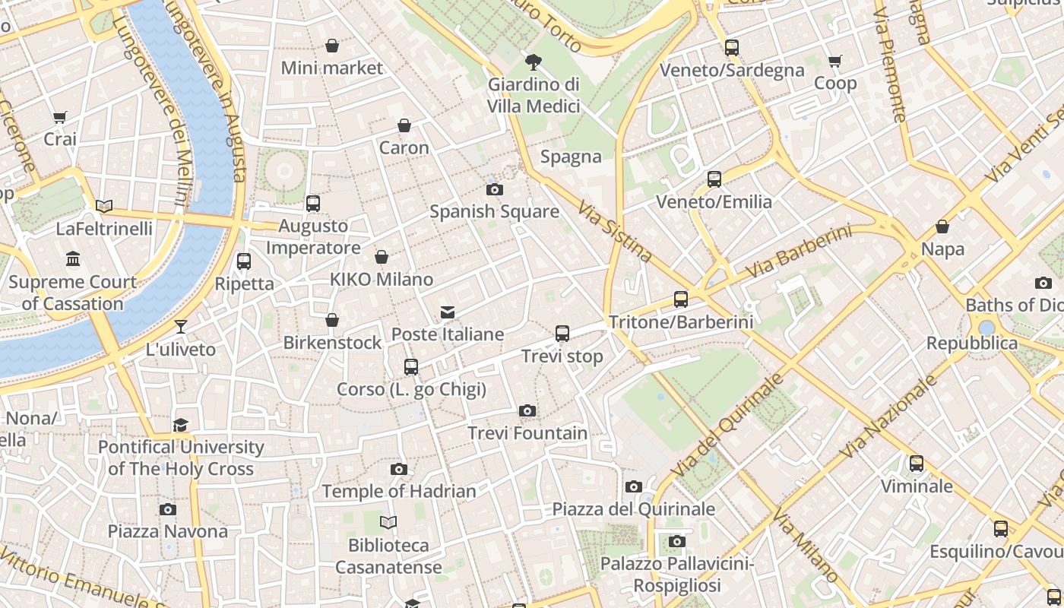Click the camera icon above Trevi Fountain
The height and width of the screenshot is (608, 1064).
tap(527, 411)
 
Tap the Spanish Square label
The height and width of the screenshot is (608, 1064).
tap(494, 211)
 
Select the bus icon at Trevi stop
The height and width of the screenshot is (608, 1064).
tap(562, 334)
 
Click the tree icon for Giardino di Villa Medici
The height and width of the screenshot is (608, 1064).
tap(534, 62)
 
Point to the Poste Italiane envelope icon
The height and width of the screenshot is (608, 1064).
tap(448, 312)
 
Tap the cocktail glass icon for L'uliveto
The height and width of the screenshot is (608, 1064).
tap(181, 327)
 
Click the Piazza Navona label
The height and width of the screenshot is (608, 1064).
tap(167, 531)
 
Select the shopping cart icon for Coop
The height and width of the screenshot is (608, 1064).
tap(835, 61)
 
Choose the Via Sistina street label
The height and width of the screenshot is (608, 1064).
tap(614, 231)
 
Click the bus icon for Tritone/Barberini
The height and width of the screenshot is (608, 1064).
tap(681, 299)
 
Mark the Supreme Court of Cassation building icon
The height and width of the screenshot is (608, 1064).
tap(73, 259)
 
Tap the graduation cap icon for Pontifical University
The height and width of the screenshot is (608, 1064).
tap(180, 425)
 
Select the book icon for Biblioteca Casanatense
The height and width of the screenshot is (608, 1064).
tap(388, 523)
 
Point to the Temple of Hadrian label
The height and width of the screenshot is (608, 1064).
tap(399, 491)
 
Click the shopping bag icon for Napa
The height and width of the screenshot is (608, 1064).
tap(942, 226)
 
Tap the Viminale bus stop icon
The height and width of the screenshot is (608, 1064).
tap(917, 464)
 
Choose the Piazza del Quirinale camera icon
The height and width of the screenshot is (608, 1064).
tap(634, 486)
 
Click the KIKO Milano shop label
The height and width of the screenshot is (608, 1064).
tap(382, 280)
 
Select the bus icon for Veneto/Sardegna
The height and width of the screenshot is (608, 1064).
tap(732, 47)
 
